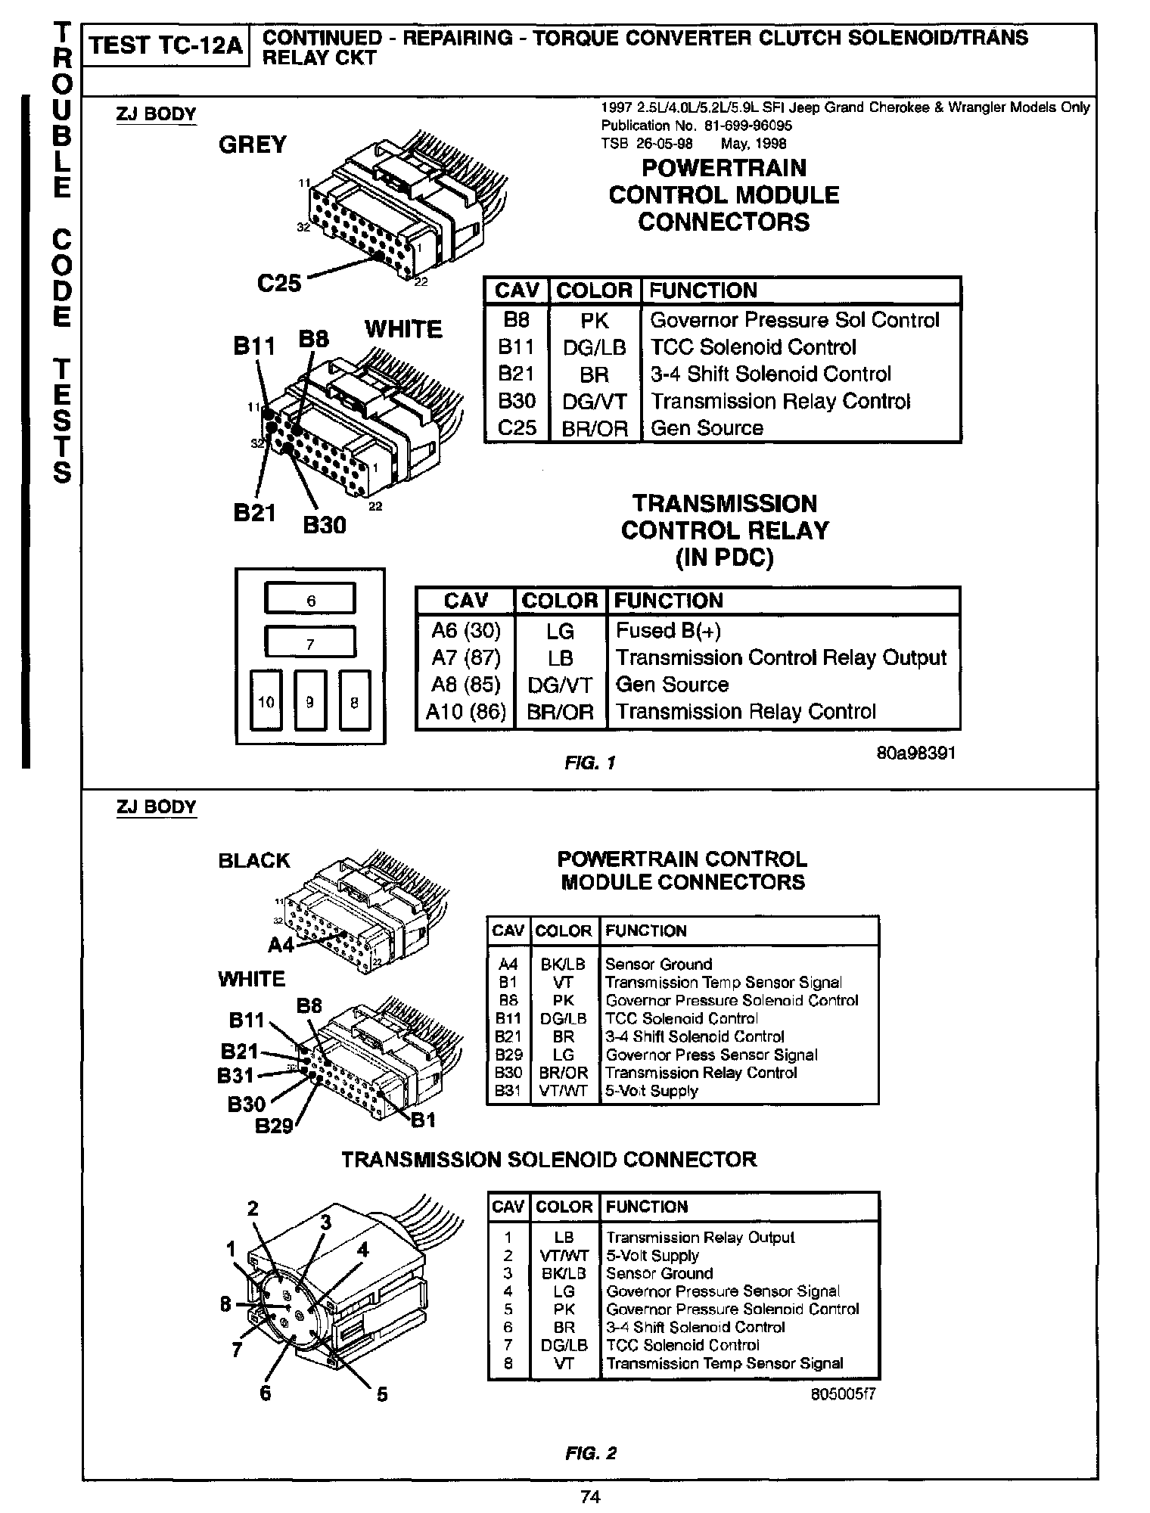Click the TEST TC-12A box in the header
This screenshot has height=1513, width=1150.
(x=166, y=46)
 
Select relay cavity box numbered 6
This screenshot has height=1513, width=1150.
(x=310, y=599)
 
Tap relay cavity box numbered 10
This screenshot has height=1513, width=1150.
(x=266, y=701)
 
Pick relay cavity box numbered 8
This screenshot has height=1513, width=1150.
(x=355, y=701)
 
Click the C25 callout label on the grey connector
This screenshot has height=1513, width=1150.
(x=279, y=283)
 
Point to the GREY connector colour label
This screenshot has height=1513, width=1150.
(x=253, y=144)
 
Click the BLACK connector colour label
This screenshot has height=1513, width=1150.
(x=254, y=861)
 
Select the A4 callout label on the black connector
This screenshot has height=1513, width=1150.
(x=281, y=945)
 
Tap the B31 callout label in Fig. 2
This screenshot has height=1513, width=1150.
(x=236, y=1075)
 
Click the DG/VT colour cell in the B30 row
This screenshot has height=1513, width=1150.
(x=595, y=402)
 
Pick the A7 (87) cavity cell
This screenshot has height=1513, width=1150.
(x=466, y=658)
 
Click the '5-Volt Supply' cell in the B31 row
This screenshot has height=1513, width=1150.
(x=651, y=1091)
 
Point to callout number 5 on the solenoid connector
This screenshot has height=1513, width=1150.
(x=382, y=1394)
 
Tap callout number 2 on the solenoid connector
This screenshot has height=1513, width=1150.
(x=253, y=1209)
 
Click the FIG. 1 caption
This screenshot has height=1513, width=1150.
(x=590, y=763)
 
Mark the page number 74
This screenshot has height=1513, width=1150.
(x=590, y=1496)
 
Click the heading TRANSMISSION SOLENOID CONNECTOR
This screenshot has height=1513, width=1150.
(x=549, y=1160)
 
